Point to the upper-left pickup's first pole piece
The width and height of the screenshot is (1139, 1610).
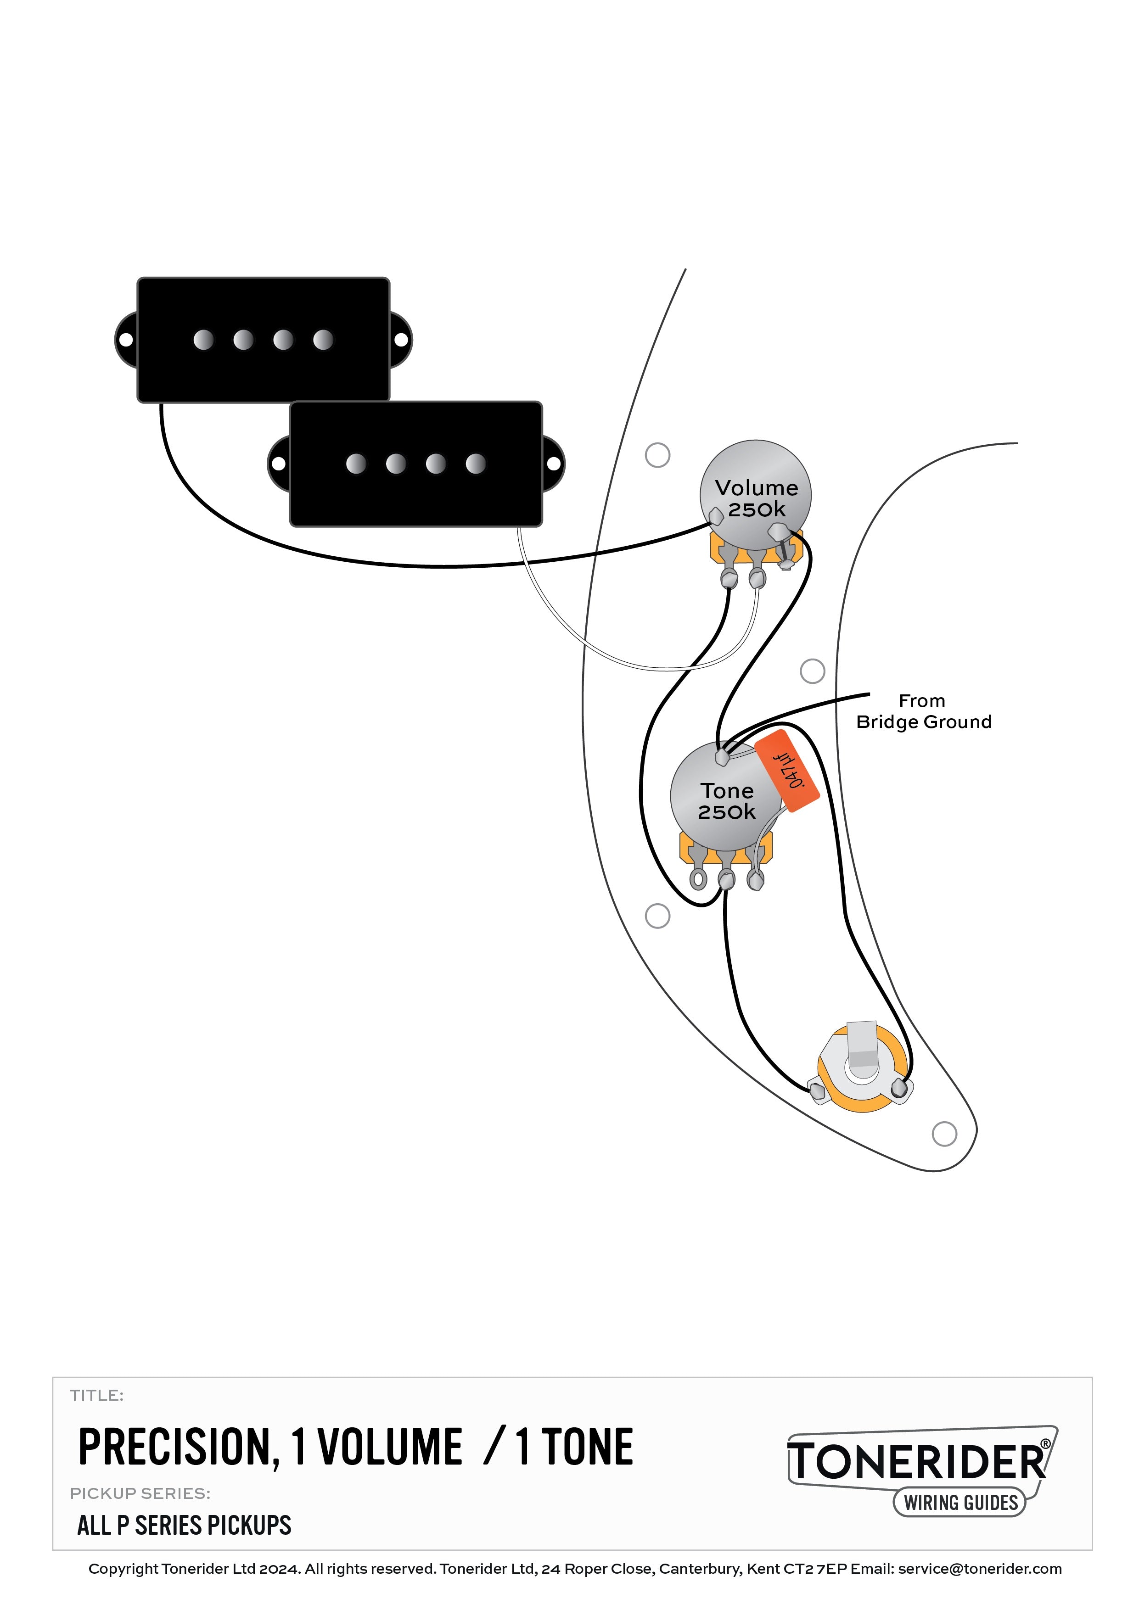(x=203, y=340)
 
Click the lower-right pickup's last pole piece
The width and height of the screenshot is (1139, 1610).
(x=476, y=464)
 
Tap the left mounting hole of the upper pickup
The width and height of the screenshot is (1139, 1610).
(x=125, y=340)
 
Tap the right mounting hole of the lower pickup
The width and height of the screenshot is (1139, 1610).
(x=553, y=464)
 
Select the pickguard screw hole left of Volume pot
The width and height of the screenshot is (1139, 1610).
(x=657, y=454)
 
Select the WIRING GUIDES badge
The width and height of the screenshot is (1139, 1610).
(x=960, y=1502)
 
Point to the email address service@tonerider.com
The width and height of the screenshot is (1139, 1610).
(x=980, y=1569)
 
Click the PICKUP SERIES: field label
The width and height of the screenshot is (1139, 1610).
(x=140, y=1493)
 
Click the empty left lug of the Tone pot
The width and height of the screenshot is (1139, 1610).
(x=698, y=878)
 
